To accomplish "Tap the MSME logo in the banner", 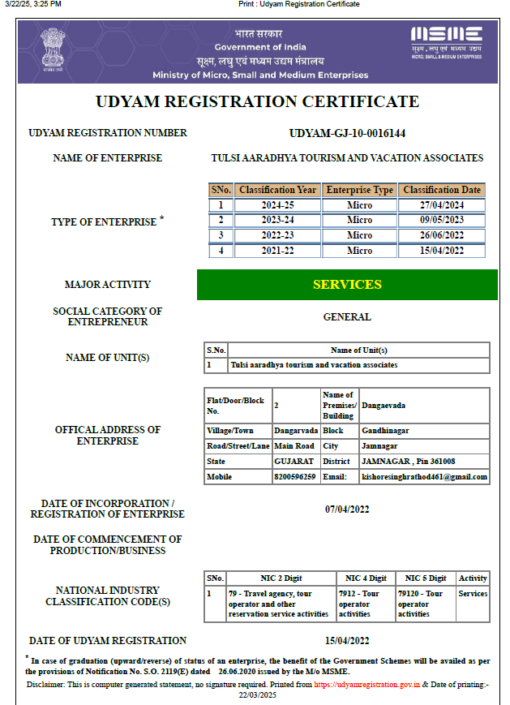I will tap(446, 41).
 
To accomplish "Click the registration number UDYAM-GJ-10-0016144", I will tap(347, 133).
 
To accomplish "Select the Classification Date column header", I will tap(442, 190).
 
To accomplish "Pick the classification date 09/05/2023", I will tap(442, 220).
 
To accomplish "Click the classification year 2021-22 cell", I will tap(277, 251).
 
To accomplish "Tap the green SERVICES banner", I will tap(347, 285).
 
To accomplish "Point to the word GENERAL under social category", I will tap(347, 317).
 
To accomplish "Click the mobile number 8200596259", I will tap(295, 477).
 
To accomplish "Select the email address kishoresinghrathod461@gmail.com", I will tap(425, 477).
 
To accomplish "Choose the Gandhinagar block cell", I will tap(383, 431).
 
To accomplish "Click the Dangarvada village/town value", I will tap(295, 431).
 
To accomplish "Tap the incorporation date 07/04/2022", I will tap(347, 509).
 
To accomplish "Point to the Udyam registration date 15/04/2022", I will tap(347, 640).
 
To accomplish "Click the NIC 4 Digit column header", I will tap(366, 578).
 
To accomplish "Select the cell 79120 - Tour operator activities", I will tap(425, 604).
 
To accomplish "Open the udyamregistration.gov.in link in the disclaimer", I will tap(366, 685).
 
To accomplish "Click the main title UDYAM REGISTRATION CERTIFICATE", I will tap(258, 102).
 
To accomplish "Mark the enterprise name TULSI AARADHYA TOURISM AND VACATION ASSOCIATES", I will tap(347, 158).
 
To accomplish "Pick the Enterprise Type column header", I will tap(359, 190).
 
